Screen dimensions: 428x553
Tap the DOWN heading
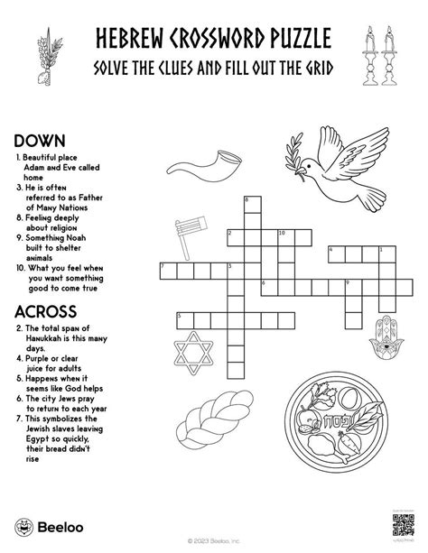37,141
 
